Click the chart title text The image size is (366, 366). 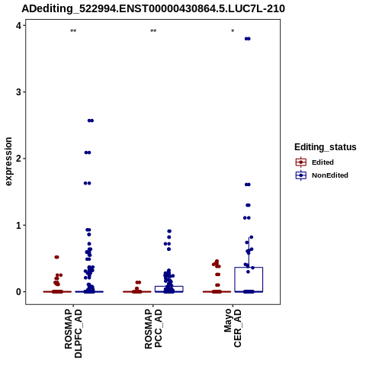(153, 8)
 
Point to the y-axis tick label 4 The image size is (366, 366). (19, 25)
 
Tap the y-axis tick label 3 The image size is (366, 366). (19, 92)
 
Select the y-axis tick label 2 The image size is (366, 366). (19, 159)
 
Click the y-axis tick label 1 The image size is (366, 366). (19, 225)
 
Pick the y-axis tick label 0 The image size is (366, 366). (19, 292)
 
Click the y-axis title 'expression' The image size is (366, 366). (8, 162)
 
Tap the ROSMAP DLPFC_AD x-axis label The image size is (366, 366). (73, 333)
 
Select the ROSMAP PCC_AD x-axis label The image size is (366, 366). (153, 329)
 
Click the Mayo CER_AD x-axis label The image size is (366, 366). (233, 328)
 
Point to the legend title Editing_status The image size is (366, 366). (326, 147)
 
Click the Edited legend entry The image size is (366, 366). (315, 162)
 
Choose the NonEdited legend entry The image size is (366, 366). (322, 175)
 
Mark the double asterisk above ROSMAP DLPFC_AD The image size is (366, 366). (73, 31)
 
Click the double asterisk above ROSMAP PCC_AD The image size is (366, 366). (153, 31)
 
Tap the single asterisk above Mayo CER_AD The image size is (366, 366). (233, 31)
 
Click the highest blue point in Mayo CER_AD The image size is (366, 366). (248, 39)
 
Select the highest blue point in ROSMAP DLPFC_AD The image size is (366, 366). (91, 120)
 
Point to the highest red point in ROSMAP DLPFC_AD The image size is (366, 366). (57, 257)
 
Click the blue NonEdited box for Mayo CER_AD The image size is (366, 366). (249, 268)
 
